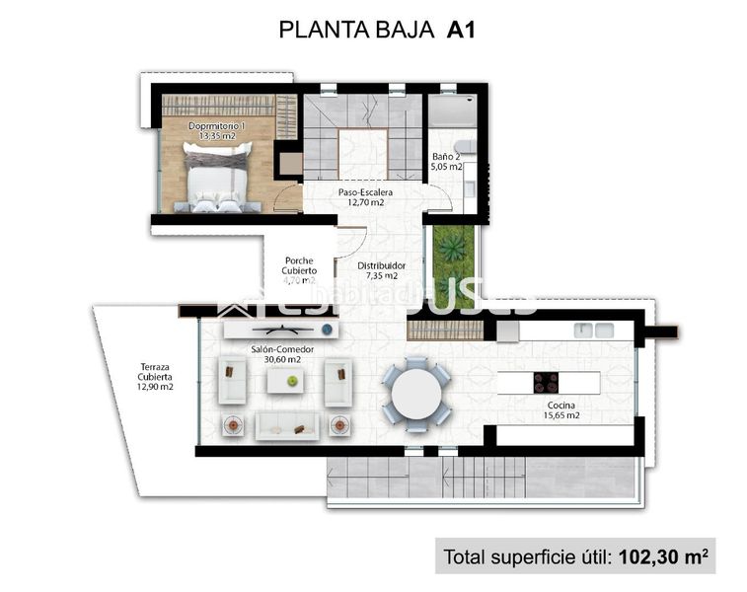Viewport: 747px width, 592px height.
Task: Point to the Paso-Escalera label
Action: pos(365,197)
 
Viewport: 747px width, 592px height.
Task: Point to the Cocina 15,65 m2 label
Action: pos(553,410)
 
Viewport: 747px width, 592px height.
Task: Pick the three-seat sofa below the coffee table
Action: pos(286,426)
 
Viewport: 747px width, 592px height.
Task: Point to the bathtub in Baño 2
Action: pos(453,111)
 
